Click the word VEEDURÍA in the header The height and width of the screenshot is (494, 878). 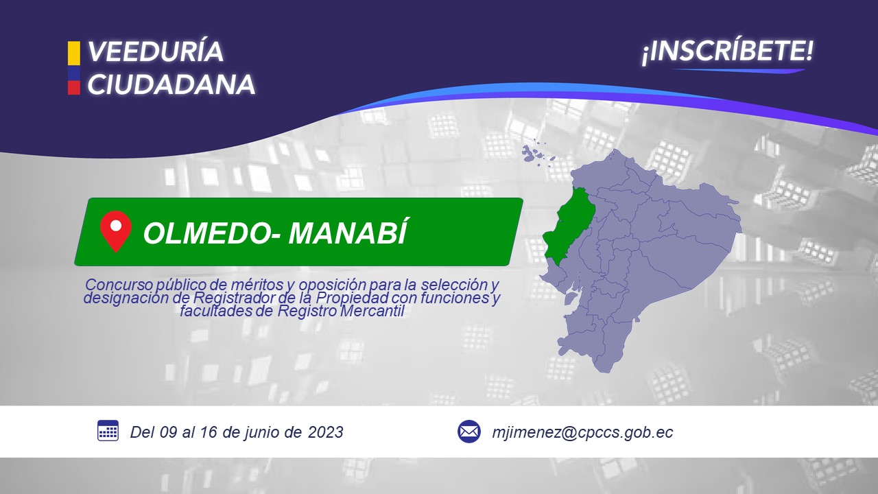coord(155,51)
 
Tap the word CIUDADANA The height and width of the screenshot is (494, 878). coord(171,84)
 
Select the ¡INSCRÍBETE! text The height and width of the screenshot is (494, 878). coord(728,51)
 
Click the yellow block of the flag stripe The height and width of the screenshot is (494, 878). coord(73,54)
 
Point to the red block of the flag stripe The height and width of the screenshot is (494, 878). coord(73,87)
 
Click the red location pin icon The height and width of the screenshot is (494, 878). coord(116,231)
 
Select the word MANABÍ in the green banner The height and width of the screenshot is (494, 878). coord(348,232)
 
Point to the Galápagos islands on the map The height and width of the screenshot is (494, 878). coord(538,154)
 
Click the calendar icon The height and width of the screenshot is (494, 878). coord(108,430)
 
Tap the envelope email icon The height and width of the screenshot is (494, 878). coord(468,432)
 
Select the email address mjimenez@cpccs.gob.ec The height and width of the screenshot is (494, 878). coord(582,432)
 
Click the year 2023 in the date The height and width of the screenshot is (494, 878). coord(325,432)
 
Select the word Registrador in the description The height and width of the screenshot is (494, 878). coord(234,298)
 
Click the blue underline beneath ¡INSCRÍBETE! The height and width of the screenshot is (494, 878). coord(738,71)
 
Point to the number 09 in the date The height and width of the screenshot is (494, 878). coord(169,432)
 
